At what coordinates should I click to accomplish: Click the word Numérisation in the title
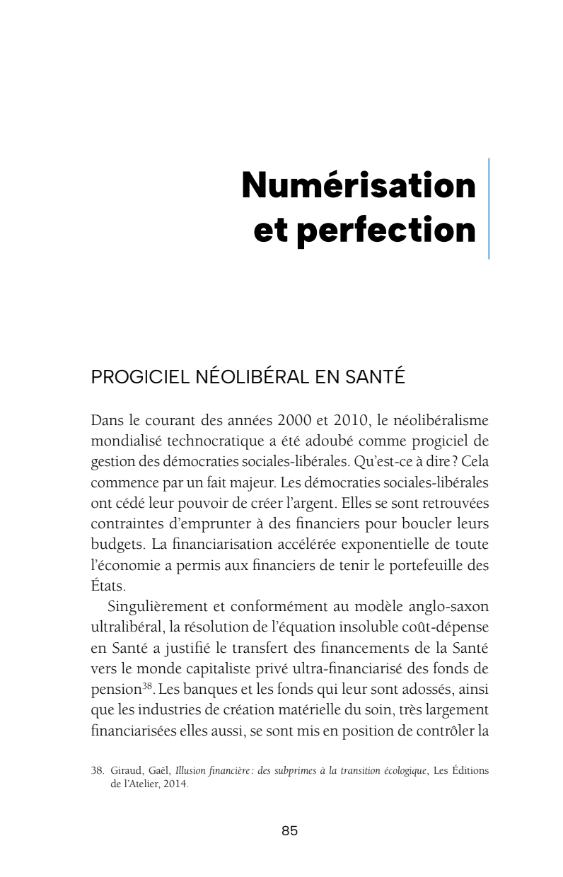pos(358,185)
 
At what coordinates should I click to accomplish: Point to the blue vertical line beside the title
pos(489,208)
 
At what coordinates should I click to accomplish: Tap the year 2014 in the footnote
pos(173,784)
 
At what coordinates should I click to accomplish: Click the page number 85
pos(290,832)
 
